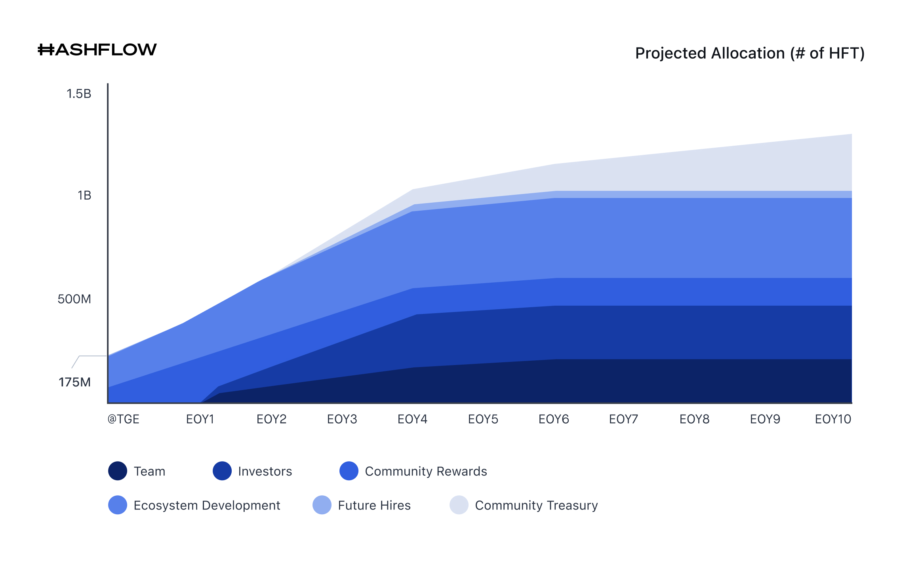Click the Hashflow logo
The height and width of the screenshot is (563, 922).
97,50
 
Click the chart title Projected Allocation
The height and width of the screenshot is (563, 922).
749,53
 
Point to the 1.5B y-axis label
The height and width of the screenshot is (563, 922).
79,94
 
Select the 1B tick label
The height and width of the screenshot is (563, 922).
84,196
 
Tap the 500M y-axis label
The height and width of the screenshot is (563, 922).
74,299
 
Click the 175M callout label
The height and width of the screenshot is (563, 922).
74,382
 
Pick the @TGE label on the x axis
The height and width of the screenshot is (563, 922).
124,419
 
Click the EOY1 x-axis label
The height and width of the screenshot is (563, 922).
200,419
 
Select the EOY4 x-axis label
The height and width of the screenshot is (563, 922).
412,419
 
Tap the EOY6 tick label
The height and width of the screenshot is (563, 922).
554,419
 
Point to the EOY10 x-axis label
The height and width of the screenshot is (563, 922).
833,419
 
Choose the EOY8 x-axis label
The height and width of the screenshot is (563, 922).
694,419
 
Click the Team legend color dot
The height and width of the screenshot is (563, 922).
118,471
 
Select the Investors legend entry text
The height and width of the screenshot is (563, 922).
265,471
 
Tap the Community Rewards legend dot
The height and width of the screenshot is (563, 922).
349,471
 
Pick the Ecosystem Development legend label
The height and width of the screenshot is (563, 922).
207,505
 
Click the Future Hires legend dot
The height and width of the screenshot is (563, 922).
322,505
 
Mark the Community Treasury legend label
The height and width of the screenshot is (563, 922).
536,505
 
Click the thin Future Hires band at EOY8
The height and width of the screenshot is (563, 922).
694,194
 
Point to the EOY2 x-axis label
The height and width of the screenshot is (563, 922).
271,419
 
